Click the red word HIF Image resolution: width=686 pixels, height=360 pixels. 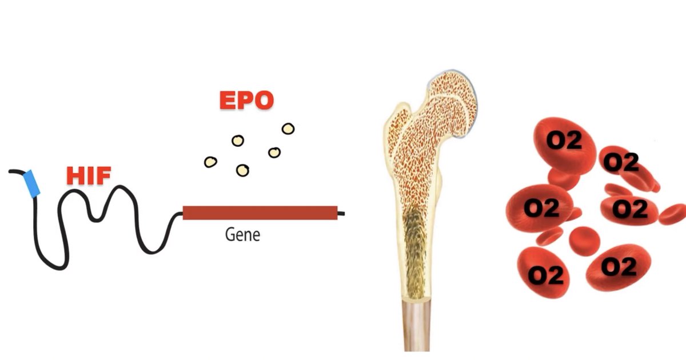click(x=89, y=175)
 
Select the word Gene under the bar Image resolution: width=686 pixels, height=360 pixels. click(x=242, y=234)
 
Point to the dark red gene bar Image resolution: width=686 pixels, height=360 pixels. click(x=260, y=213)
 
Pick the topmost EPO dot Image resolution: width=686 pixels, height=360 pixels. click(x=288, y=129)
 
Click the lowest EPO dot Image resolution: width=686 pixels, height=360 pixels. click(x=242, y=170)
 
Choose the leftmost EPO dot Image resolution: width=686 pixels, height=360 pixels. click(x=210, y=162)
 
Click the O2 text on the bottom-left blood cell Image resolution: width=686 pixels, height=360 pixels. click(x=545, y=275)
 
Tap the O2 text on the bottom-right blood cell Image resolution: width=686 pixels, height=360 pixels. click(x=619, y=266)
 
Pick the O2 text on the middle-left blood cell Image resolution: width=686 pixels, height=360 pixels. click(x=540, y=209)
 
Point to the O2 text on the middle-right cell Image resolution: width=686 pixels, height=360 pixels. click(x=630, y=209)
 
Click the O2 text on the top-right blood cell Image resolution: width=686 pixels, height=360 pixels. click(x=621, y=163)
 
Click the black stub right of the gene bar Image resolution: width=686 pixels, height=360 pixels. click(x=341, y=214)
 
